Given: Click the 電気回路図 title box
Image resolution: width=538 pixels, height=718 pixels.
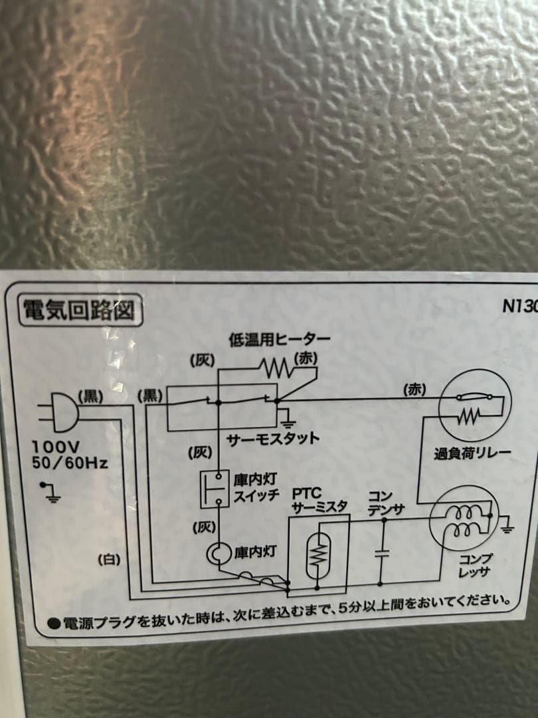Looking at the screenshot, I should pyautogui.click(x=79, y=310).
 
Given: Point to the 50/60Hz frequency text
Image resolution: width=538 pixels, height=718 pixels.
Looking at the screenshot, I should pyautogui.click(x=69, y=461).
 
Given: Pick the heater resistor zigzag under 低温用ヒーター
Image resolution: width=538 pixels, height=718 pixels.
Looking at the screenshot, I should pyautogui.click(x=275, y=367).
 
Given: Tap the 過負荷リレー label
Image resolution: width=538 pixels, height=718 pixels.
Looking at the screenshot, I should pyautogui.click(x=472, y=454).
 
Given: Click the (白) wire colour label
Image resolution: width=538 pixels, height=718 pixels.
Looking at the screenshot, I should pyautogui.click(x=109, y=560).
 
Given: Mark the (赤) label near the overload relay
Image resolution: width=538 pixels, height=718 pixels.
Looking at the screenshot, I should pyautogui.click(x=415, y=389).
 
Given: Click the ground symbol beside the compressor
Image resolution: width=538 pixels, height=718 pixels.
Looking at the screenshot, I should pyautogui.click(x=508, y=528).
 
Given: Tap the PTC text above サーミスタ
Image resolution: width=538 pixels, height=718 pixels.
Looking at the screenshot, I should pyautogui.click(x=307, y=495).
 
